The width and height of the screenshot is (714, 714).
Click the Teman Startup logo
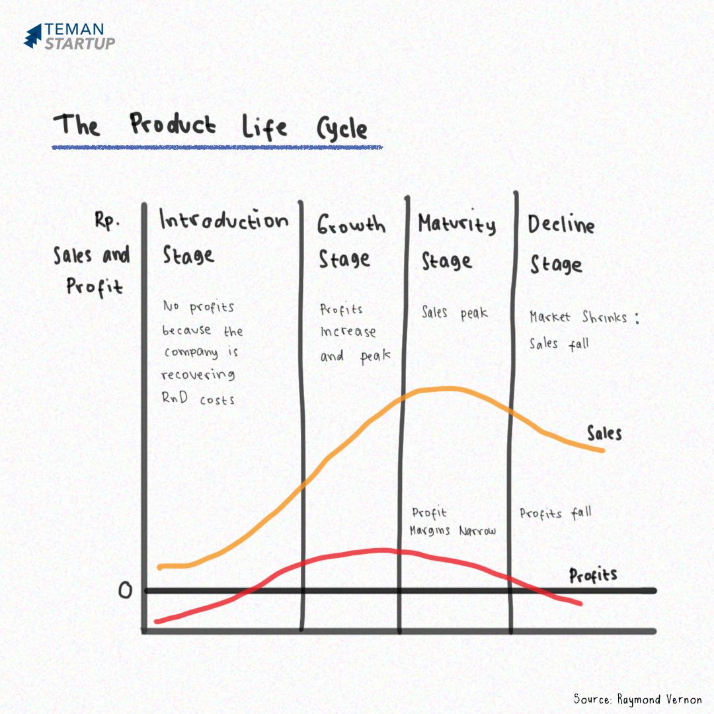69,36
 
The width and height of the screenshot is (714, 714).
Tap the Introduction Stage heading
223,237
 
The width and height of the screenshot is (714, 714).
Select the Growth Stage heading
350,241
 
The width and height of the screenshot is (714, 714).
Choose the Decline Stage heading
560,244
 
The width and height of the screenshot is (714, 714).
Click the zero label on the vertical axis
125,590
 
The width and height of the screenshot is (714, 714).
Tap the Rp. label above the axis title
107,223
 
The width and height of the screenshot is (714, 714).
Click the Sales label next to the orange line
604,433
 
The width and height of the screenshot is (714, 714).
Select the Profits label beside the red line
593,575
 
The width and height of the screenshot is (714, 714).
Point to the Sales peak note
454,312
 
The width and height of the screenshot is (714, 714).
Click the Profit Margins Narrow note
452,522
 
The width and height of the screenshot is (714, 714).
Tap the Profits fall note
555,513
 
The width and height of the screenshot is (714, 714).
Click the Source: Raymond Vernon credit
637,699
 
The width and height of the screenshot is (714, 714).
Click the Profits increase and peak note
354,333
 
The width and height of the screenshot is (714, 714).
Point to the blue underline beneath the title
217,147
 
